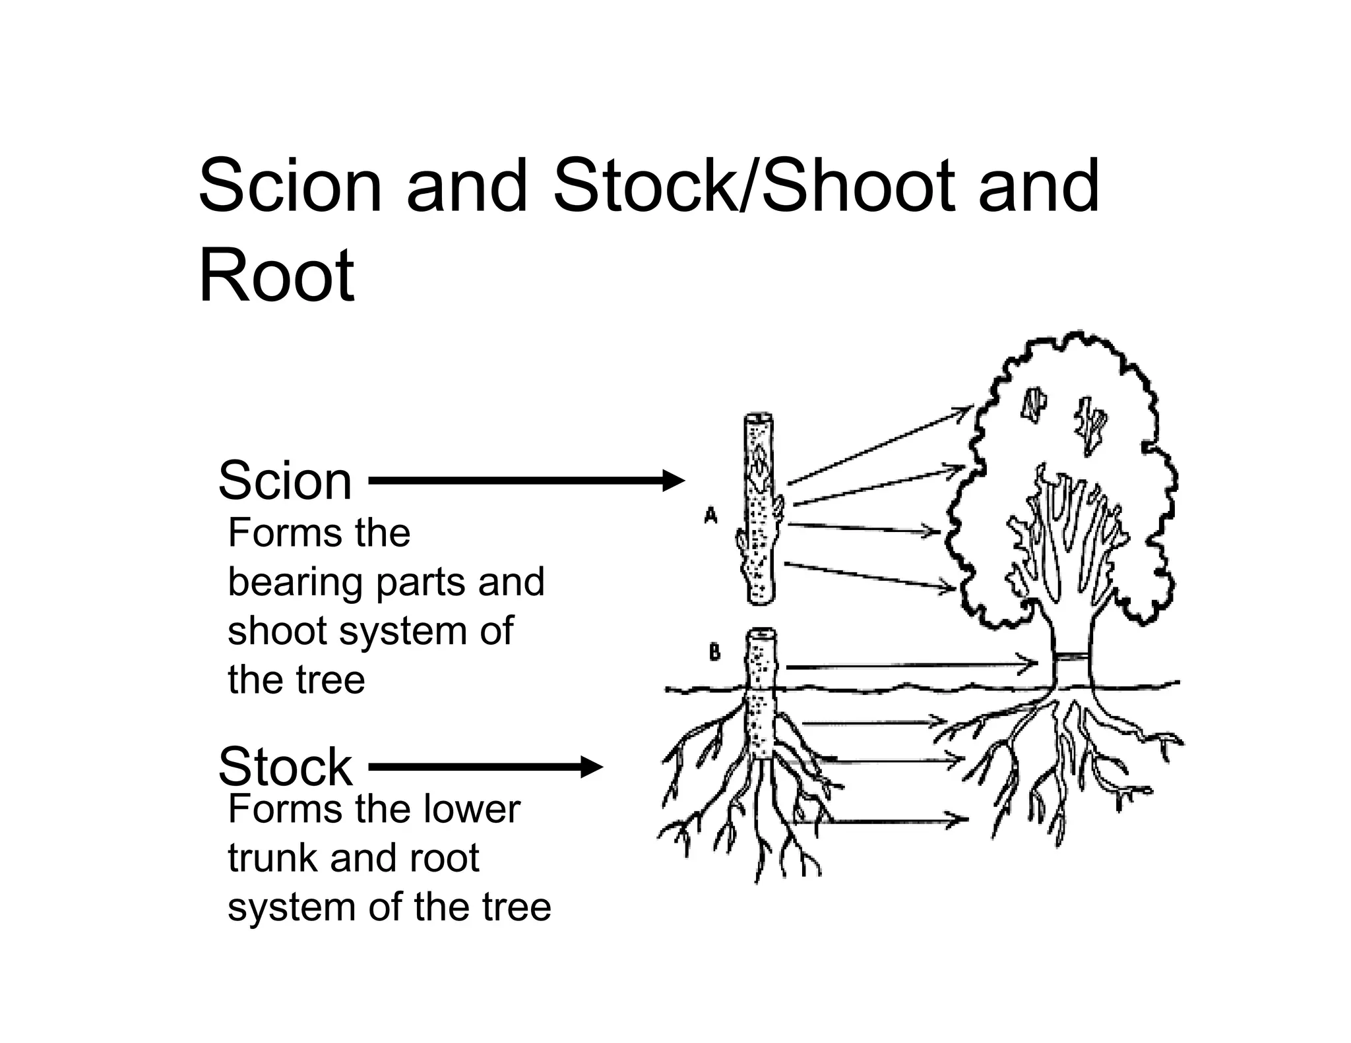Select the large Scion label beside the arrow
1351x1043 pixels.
point(285,481)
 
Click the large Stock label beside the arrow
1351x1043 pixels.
point(285,767)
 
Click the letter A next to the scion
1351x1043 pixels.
point(710,515)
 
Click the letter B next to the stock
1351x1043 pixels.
point(714,653)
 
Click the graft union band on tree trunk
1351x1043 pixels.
point(1071,658)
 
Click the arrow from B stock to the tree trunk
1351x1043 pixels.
point(910,666)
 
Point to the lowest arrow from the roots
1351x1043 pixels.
point(884,820)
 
